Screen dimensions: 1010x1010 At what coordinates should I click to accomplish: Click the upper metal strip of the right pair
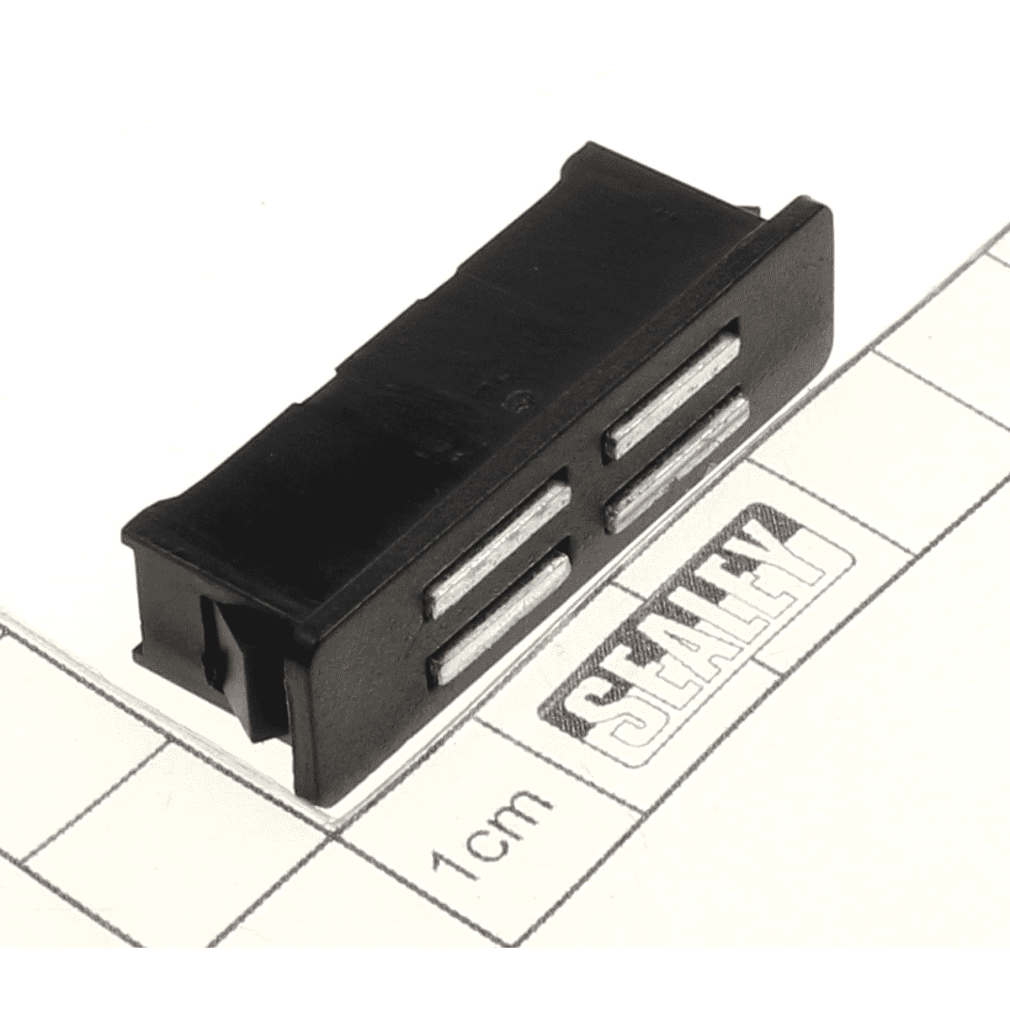coord(673,396)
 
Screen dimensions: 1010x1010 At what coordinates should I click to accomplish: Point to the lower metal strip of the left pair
coord(498,619)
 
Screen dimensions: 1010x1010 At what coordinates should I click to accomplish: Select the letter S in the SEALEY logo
coord(603,734)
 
